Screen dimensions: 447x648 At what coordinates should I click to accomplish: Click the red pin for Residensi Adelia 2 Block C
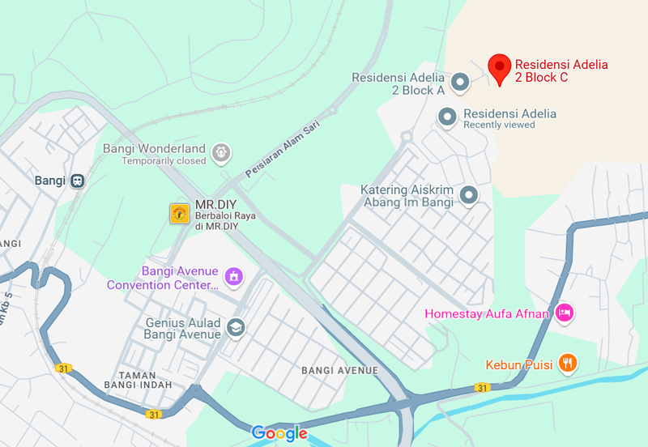click(500, 68)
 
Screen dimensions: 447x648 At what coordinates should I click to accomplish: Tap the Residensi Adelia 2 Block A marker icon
click(460, 82)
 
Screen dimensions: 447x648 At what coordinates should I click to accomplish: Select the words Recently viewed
click(499, 126)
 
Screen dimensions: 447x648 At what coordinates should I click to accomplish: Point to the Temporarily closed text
click(164, 161)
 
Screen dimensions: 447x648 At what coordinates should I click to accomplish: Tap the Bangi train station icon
click(78, 181)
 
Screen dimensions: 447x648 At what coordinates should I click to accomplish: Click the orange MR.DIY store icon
click(179, 213)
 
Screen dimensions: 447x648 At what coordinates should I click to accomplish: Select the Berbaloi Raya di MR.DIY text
click(217, 221)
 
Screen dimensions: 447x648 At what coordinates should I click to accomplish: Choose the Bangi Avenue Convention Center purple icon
click(234, 277)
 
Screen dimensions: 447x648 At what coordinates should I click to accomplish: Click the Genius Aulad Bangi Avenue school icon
click(236, 327)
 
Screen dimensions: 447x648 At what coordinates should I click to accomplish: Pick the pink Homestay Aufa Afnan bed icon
click(565, 313)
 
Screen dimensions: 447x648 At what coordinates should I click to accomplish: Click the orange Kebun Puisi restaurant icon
click(569, 364)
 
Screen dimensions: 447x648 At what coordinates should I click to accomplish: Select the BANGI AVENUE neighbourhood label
click(339, 371)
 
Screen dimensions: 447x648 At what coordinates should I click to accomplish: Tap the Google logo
click(279, 433)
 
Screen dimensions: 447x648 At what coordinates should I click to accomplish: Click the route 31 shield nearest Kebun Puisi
click(481, 389)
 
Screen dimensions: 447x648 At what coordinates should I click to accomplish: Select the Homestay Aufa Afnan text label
click(488, 313)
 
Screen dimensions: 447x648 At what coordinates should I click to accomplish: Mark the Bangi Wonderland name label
click(154, 149)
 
